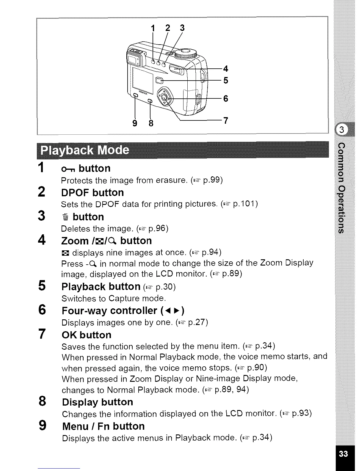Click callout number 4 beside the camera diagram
[x=226, y=69]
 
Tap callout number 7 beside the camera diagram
[x=226, y=121]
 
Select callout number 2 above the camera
[x=168, y=28]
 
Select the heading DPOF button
[x=92, y=193]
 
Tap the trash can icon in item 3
[x=66, y=217]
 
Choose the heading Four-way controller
[x=109, y=311]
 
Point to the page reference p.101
[x=245, y=204]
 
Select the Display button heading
[x=98, y=402]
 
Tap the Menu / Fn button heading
[x=103, y=426]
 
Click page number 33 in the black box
[x=343, y=454]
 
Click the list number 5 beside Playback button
[x=42, y=286]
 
